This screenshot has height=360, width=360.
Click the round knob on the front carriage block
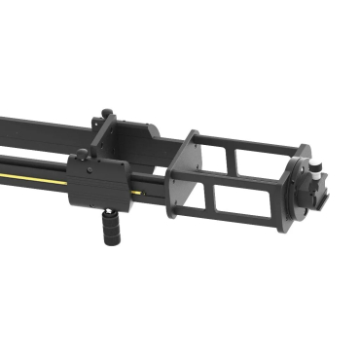(x=77, y=153)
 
